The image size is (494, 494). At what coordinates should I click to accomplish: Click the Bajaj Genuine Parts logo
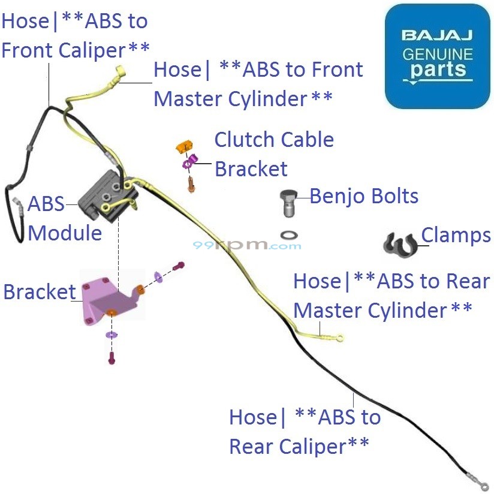coord(437,56)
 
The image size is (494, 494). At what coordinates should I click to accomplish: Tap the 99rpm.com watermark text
coord(247,245)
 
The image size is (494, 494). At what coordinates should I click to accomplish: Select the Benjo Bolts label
coord(364,196)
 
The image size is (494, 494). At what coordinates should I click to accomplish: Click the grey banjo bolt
coord(289,202)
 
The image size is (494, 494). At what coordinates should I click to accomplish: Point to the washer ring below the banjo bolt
coord(290,233)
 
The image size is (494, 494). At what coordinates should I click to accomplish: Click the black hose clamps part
coord(400,242)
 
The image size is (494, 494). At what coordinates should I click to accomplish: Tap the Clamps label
coord(456,236)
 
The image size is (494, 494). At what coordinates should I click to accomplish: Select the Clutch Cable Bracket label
coord(274,154)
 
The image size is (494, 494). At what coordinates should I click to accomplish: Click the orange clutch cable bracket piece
coord(183,146)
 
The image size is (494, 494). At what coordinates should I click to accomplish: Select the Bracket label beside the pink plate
coord(39,292)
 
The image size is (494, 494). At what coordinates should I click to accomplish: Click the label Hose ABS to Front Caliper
coord(75,35)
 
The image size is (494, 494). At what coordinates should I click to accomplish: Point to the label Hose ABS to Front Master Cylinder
coord(258,84)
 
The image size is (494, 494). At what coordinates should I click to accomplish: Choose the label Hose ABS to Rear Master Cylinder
coord(382,296)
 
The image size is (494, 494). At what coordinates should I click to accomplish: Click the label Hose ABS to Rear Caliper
coord(305,432)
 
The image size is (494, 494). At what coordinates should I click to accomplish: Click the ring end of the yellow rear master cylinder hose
coord(340,339)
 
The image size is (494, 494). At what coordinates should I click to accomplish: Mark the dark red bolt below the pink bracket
coord(112,359)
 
